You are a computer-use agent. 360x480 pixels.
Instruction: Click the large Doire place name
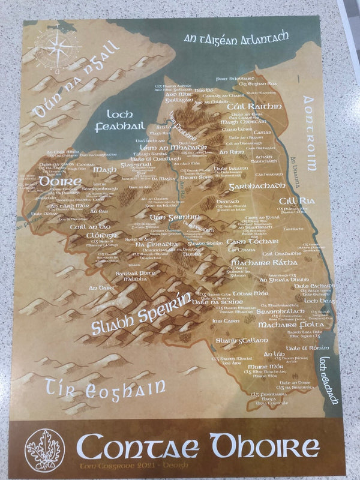tap(61, 181)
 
